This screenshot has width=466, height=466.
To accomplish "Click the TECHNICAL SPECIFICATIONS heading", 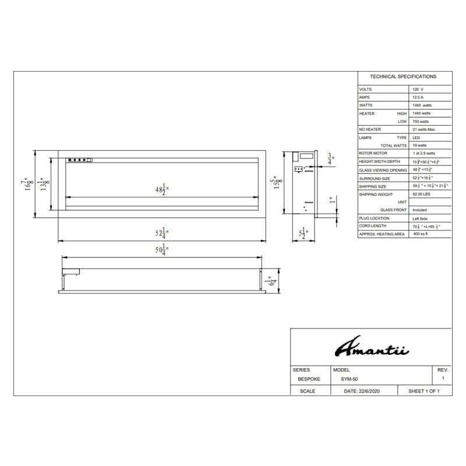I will [x=403, y=77].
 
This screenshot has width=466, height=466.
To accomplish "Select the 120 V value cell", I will [x=418, y=90].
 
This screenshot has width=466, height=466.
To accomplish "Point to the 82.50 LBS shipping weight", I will [x=422, y=194].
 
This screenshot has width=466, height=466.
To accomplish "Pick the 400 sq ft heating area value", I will [x=421, y=234].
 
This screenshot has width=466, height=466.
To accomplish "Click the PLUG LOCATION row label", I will [x=374, y=218].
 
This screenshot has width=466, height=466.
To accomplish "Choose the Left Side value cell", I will [x=421, y=218].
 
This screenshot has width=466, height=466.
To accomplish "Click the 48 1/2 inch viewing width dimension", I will [x=161, y=189].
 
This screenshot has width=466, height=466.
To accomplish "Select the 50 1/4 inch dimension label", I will [x=161, y=251].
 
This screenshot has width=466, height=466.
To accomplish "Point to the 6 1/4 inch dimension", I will [x=269, y=282].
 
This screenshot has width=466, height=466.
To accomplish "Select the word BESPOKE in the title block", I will [x=309, y=379].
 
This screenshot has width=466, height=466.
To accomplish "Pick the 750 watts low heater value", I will [x=421, y=121].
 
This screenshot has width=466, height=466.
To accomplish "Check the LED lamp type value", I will [x=416, y=137].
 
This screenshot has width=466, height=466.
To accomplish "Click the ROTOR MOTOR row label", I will [x=373, y=153].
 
